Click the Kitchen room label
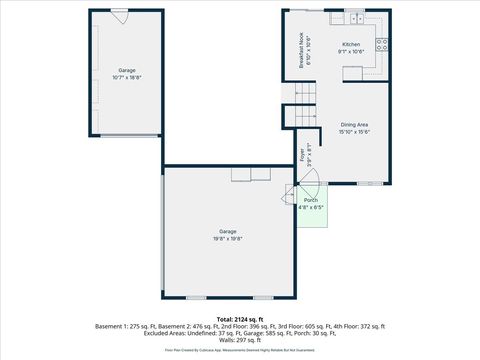(351, 44)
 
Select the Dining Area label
(354, 125)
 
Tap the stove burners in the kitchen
(382, 43)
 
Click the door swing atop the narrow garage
(119, 17)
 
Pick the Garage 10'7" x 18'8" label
(127, 76)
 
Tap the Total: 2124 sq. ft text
(239, 318)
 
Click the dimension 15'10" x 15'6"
(354, 132)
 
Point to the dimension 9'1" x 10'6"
(351, 51)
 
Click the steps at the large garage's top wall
(251, 175)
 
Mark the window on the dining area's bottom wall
(369, 183)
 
